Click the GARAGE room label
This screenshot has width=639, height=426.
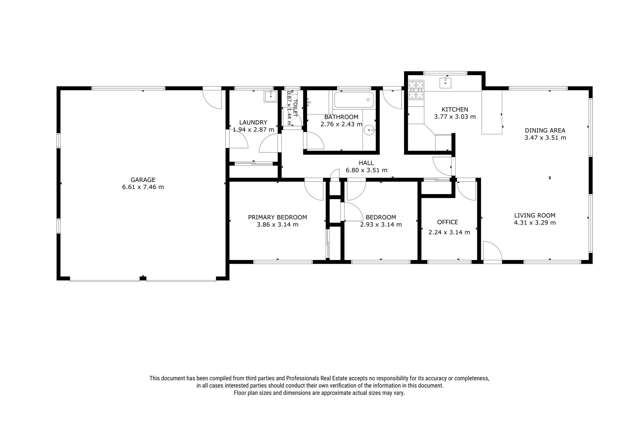coord(140,179)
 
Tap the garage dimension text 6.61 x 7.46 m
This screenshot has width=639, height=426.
coord(140,187)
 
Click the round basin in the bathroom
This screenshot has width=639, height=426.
coord(370,130)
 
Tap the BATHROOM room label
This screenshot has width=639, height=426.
coord(342,117)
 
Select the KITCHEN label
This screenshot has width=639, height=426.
coord(455,109)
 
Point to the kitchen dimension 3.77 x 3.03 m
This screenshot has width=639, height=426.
coord(455,117)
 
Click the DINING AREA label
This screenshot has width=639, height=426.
coord(544,130)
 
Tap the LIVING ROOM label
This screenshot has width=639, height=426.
coord(535,215)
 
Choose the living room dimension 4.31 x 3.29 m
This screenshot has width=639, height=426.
coord(535,223)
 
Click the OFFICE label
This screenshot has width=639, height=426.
coord(447,222)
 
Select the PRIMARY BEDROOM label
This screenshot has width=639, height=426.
coord(277,217)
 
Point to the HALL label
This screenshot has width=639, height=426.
coord(366,163)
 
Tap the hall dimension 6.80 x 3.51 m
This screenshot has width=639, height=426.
coord(366,171)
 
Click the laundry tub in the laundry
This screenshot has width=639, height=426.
coord(270,98)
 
